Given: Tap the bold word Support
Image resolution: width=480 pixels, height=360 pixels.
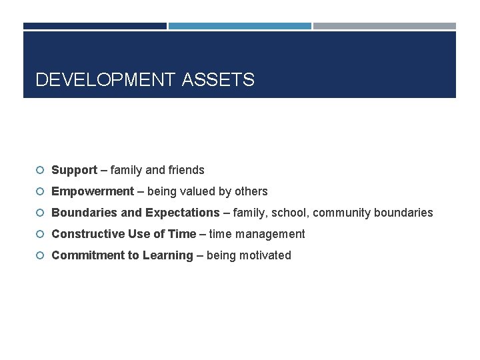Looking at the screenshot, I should pos(74,170).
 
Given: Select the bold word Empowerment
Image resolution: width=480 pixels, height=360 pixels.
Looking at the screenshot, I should pos(93,191).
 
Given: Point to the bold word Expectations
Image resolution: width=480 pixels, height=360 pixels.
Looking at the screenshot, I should pos(182,213).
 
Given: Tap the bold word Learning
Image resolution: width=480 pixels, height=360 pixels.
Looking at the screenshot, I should pos(167,255).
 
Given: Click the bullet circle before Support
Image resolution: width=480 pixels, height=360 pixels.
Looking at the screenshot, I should pos(40,170).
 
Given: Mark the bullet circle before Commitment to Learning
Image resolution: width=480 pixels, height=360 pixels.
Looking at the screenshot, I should pos(40,255).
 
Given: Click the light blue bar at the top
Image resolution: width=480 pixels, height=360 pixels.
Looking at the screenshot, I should pos(239,26).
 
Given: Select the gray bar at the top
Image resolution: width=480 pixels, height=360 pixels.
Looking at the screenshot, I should pos(385,26).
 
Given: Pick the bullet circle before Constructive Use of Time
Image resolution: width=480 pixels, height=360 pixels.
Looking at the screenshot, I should pos(40,234).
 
